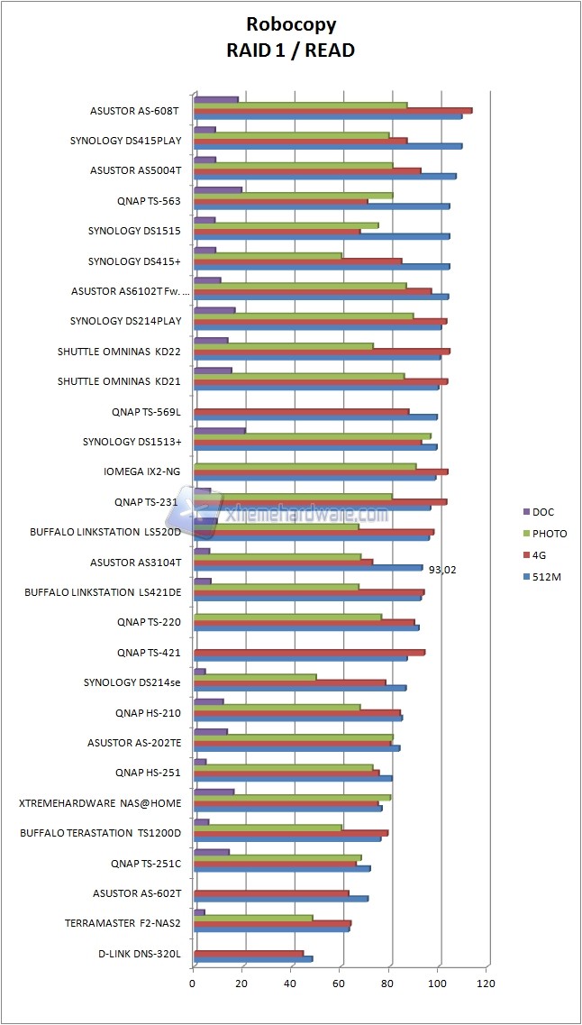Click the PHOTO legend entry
click(x=549, y=534)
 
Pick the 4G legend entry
click(x=540, y=555)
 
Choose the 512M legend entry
click(x=546, y=577)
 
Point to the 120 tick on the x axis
click(x=487, y=983)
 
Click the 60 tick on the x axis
click(x=341, y=983)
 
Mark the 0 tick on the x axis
click(x=194, y=983)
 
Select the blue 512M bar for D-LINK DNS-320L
click(x=253, y=958)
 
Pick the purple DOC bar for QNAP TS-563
click(x=218, y=190)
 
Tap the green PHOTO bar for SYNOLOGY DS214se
click(x=255, y=676)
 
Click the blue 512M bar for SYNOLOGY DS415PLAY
click(x=327, y=146)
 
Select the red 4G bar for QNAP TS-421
click(x=309, y=652)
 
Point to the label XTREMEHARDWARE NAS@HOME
click(x=100, y=802)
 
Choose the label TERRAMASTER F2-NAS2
click(x=123, y=923)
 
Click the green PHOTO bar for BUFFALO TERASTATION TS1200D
click(x=268, y=827)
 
